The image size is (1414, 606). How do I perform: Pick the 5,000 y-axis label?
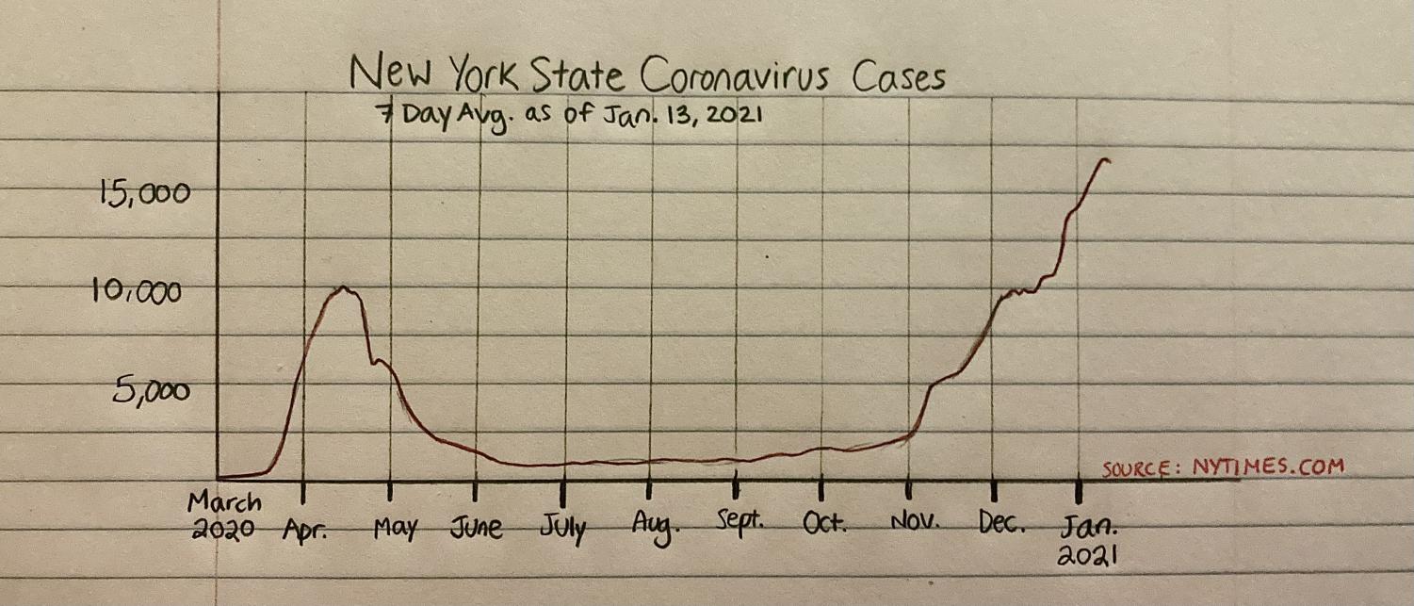[x=152, y=390]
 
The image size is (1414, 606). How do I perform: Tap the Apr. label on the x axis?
[x=305, y=530]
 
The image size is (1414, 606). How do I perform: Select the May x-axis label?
[x=396, y=529]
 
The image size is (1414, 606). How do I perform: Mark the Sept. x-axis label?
[x=739, y=521]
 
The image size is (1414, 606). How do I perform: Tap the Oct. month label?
[x=825, y=521]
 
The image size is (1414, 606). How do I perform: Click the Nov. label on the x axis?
[x=913, y=521]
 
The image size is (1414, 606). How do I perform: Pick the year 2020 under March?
[x=223, y=530]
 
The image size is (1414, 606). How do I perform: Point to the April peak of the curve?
[x=344, y=287]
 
